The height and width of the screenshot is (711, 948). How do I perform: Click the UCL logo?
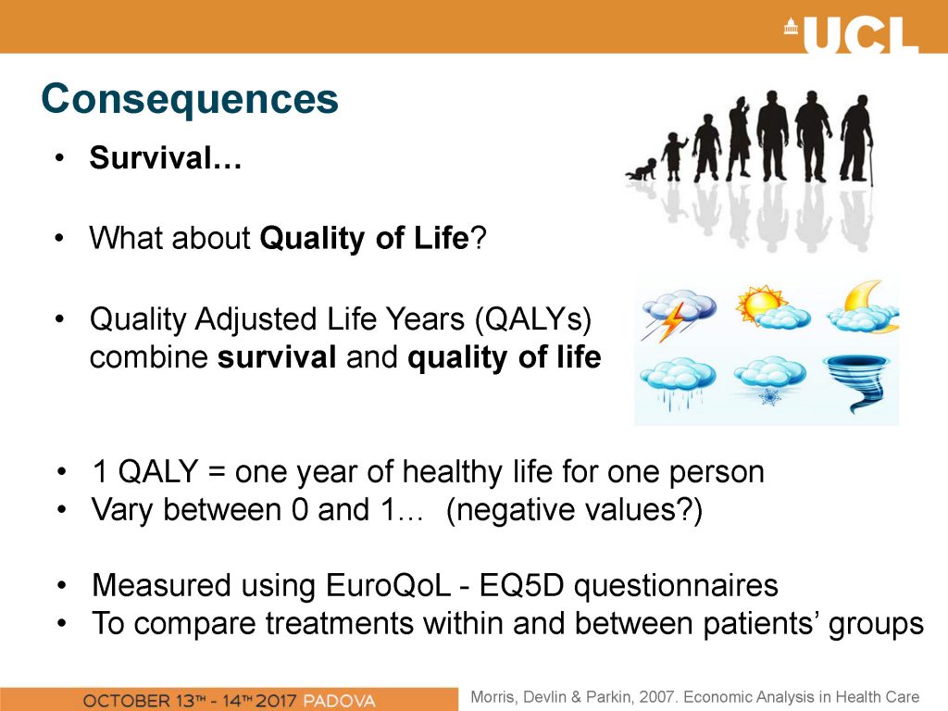[852, 34]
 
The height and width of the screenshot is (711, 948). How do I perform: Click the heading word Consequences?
[190, 98]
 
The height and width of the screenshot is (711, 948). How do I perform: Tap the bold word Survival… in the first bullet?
[166, 157]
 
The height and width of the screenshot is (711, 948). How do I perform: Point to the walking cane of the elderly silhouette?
[871, 163]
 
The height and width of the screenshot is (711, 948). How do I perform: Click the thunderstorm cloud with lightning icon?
[679, 313]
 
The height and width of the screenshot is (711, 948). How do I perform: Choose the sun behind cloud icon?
[772, 307]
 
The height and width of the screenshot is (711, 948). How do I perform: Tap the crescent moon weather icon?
[864, 307]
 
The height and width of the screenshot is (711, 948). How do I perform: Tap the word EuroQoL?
[388, 585]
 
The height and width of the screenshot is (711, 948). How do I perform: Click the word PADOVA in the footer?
[339, 701]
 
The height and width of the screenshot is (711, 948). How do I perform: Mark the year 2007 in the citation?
[656, 696]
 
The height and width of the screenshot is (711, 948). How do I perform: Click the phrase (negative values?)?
[574, 510]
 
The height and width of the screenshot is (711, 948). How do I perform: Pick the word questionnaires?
[676, 586]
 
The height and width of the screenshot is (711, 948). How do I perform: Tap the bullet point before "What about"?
[58, 238]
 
